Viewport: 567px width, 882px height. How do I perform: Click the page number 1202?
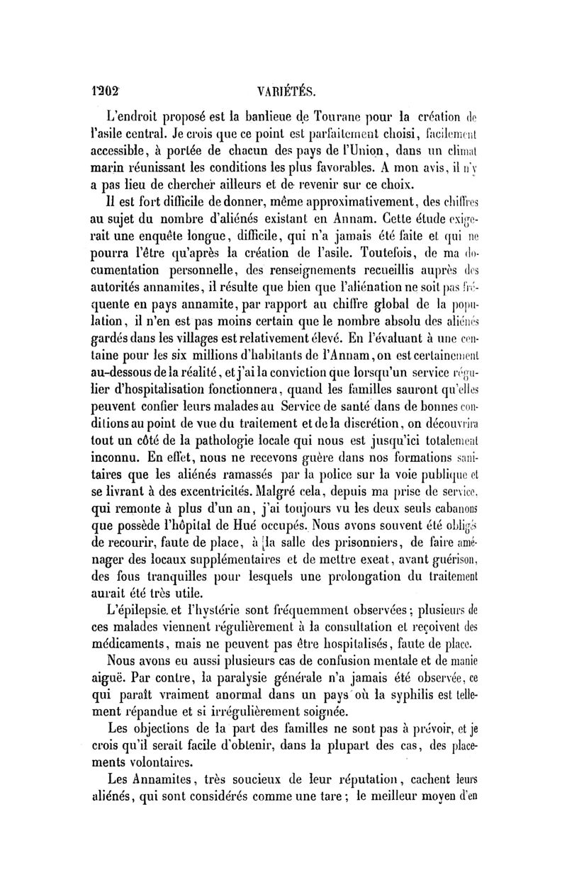pyautogui.click(x=107, y=91)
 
